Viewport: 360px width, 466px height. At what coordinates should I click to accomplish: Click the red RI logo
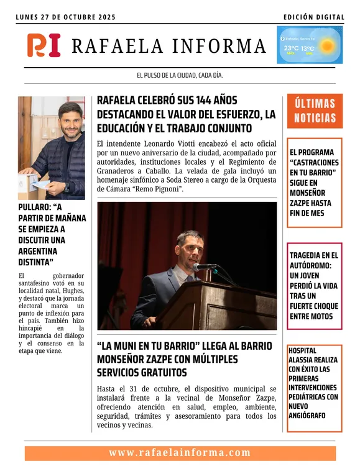(x=44, y=45)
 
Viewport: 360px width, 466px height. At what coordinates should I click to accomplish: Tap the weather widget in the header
(x=310, y=45)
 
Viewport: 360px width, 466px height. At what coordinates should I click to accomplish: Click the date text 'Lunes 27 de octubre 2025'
(x=66, y=17)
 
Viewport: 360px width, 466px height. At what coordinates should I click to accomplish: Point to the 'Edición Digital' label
(x=313, y=17)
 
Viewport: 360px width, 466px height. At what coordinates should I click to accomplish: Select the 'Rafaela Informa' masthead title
(x=169, y=46)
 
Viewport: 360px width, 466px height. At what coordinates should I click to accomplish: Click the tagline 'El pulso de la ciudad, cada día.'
(x=180, y=76)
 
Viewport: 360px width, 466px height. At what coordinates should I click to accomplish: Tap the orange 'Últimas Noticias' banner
(x=315, y=111)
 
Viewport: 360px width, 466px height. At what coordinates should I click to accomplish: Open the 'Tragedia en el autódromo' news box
(x=315, y=285)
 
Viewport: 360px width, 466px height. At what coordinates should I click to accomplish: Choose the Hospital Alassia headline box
(x=315, y=388)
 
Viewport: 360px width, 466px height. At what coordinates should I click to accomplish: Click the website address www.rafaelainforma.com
(x=180, y=453)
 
